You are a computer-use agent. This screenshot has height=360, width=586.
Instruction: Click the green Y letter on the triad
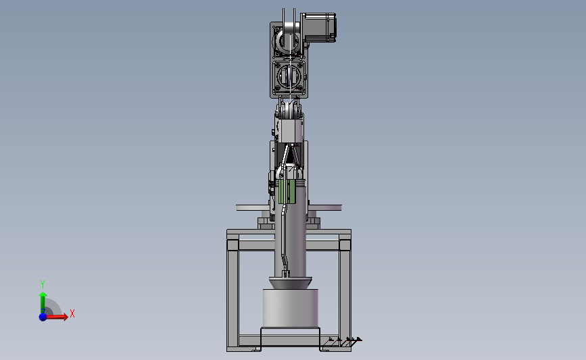point(43,284)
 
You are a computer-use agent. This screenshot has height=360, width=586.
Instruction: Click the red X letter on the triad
point(72,313)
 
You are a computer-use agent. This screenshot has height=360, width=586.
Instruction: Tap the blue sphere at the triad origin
point(43,317)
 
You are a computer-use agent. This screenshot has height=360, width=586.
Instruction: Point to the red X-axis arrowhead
point(65,317)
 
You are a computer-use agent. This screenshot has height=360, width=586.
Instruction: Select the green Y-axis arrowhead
point(43,295)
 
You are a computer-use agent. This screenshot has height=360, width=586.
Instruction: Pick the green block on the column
point(287,191)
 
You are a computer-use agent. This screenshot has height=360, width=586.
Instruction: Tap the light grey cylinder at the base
point(291,309)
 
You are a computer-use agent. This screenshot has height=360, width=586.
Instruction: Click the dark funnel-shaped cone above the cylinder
point(291,283)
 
